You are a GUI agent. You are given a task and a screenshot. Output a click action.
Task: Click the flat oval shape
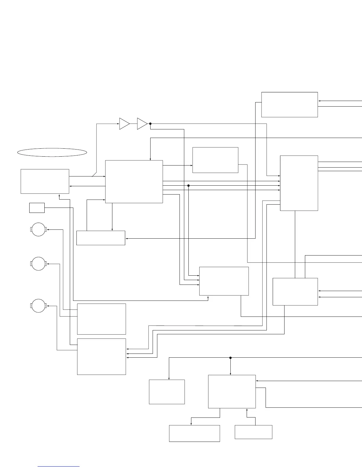click(x=52, y=152)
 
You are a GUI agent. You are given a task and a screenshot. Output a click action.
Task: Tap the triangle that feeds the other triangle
click(x=124, y=124)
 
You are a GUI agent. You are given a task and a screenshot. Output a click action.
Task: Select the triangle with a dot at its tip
click(x=142, y=124)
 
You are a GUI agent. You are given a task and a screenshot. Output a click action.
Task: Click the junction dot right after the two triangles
click(x=150, y=124)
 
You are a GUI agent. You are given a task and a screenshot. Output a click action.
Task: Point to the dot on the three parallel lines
click(x=188, y=186)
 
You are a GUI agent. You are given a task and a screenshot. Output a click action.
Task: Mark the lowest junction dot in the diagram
click(x=230, y=358)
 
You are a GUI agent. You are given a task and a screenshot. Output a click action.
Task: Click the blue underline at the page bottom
click(x=59, y=467)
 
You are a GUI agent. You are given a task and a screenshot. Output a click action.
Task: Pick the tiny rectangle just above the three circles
click(x=37, y=208)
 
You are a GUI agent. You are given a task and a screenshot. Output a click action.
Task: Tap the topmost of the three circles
click(x=38, y=229)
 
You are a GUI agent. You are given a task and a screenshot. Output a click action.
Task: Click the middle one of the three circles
click(x=38, y=264)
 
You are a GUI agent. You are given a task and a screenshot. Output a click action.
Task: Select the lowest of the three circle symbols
click(x=38, y=306)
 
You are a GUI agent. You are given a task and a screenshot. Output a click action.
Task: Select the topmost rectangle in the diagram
click(x=290, y=105)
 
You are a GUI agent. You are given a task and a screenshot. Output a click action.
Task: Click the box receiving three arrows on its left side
click(x=224, y=281)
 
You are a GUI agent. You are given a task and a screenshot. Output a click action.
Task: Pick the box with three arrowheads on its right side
click(x=101, y=356)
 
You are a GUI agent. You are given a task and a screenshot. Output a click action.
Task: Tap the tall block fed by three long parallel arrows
click(x=299, y=183)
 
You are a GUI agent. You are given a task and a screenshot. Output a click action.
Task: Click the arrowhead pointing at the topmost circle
click(x=48, y=229)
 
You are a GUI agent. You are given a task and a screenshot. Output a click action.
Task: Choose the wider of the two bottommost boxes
click(x=194, y=433)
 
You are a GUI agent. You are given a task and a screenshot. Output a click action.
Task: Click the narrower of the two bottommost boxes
click(x=253, y=432)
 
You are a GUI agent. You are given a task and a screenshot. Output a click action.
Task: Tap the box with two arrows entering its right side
click(x=295, y=292)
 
